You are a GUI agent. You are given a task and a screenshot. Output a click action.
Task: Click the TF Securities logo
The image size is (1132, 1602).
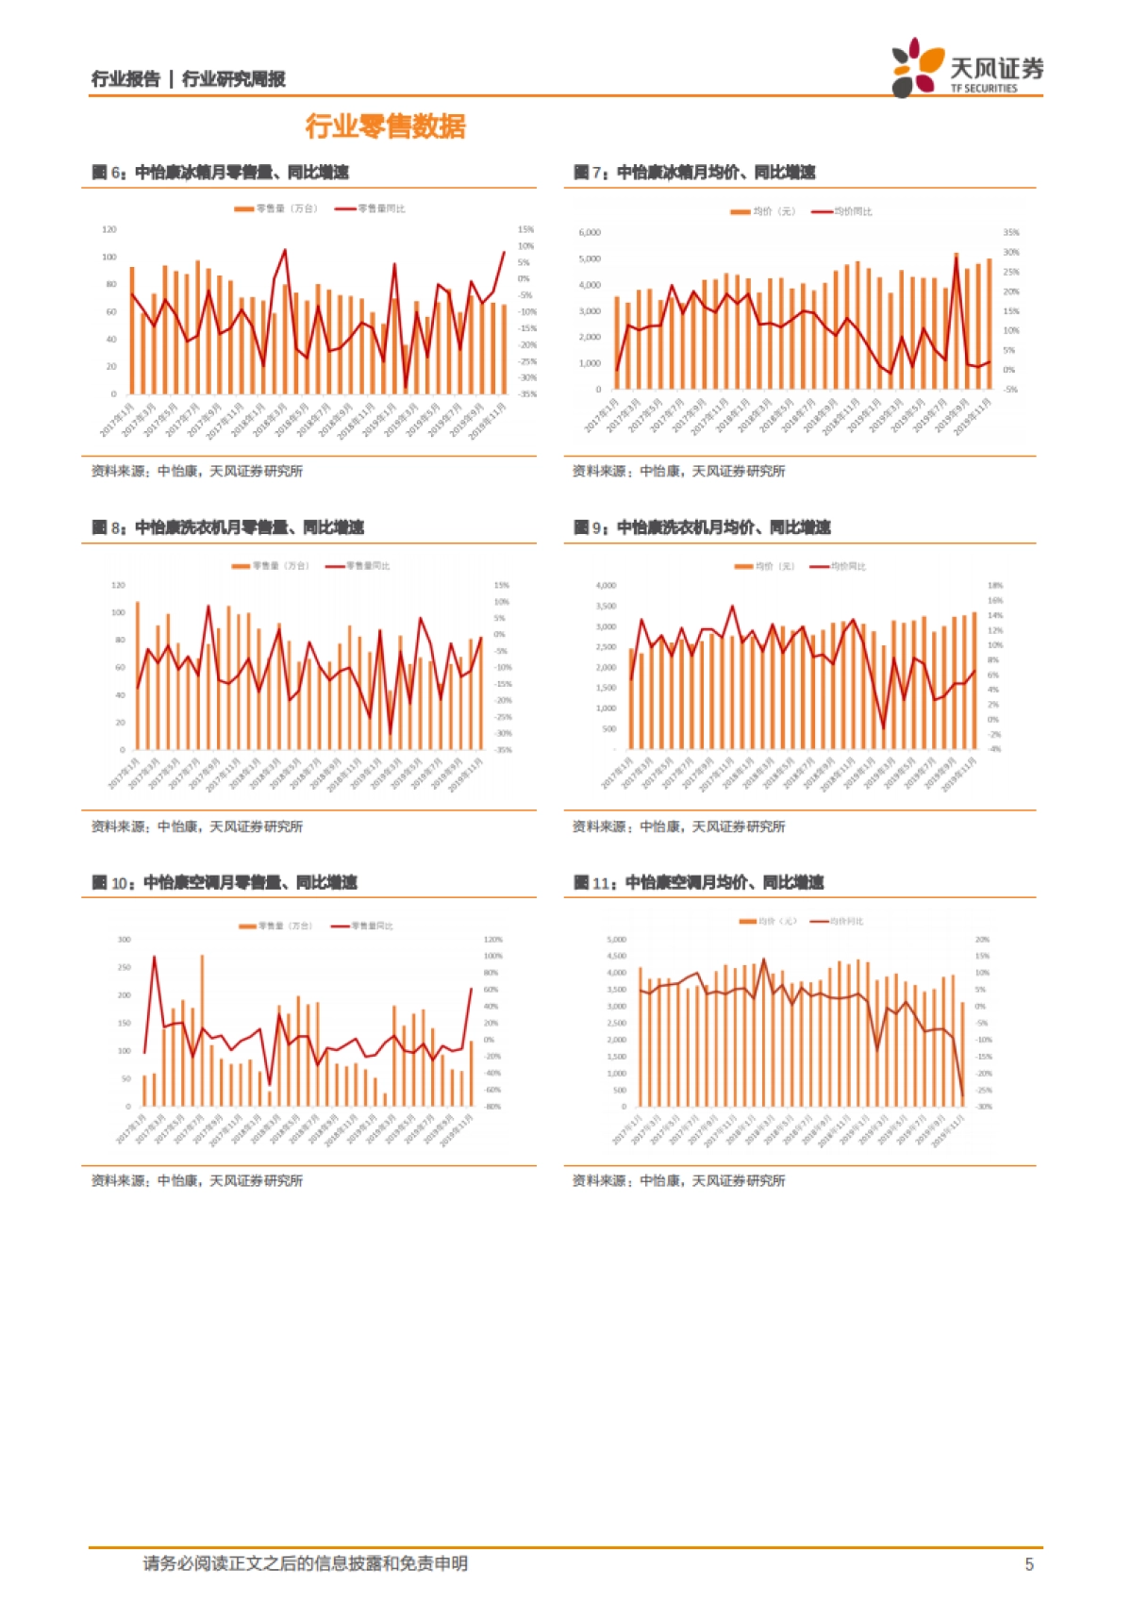pos(967,68)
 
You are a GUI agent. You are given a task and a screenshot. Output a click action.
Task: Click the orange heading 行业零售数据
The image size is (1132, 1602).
pos(385,126)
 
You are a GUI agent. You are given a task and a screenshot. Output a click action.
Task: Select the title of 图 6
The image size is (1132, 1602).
pos(220,173)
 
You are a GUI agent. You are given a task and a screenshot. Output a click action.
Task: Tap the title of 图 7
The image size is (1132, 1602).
pos(694,173)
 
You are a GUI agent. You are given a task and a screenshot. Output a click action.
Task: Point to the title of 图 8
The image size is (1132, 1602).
pos(227,527)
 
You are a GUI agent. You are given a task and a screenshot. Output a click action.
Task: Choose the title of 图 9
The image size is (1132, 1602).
pos(702,527)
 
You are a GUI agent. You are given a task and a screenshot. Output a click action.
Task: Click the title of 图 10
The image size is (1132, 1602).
pos(225,883)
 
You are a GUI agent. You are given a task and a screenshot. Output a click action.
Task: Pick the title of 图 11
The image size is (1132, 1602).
pos(698,883)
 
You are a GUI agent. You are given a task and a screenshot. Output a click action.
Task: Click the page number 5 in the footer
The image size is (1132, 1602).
pos(1029,1564)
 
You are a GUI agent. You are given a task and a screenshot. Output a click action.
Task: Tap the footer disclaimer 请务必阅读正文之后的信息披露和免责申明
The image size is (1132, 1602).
pos(305,1564)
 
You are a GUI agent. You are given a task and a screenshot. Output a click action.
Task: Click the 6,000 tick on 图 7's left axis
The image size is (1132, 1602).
pos(590,232)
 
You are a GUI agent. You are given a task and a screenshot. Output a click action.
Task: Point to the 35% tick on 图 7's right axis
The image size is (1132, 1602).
pos(1011,232)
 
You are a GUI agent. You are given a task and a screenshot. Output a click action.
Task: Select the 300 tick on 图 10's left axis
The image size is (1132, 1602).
pos(125,940)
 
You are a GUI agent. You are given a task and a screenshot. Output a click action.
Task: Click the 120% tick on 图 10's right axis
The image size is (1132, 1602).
pos(493,940)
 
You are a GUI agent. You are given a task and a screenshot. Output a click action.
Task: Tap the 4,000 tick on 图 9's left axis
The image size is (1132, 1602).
pos(606,586)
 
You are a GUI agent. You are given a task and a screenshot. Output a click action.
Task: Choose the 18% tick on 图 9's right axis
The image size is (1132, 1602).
pos(995,586)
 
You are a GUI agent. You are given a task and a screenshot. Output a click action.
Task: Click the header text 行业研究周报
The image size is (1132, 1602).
pos(233,79)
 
